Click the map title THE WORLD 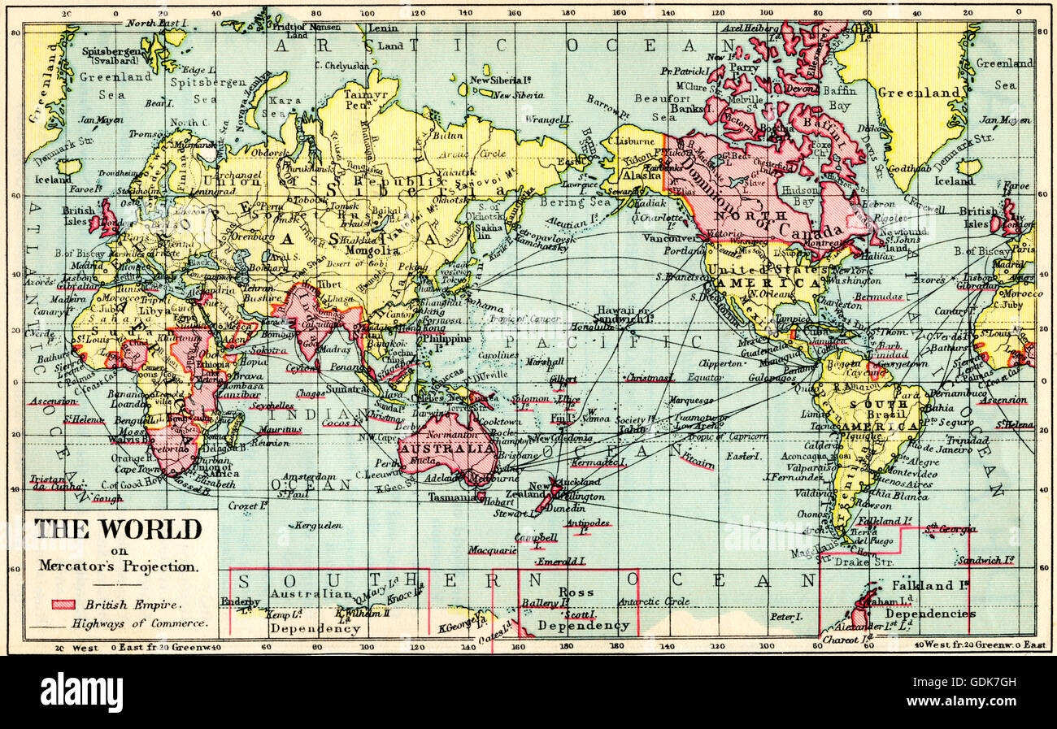pyautogui.click(x=118, y=530)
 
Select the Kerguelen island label pyautogui.click(x=317, y=526)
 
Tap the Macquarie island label pyautogui.click(x=491, y=550)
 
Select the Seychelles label pyautogui.click(x=272, y=405)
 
